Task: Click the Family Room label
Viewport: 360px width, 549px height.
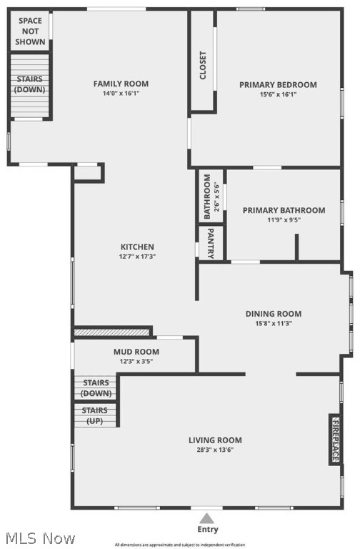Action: pyautogui.click(x=121, y=84)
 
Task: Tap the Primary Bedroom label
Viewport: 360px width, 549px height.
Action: pyautogui.click(x=278, y=84)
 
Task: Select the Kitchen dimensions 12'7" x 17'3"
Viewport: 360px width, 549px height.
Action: pyautogui.click(x=137, y=257)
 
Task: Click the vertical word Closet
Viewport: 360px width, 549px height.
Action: pyautogui.click(x=203, y=65)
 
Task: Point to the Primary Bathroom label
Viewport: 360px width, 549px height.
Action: pyautogui.click(x=284, y=210)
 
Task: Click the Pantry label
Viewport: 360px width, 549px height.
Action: pyautogui.click(x=211, y=242)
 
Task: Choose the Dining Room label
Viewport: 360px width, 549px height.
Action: pyautogui.click(x=274, y=313)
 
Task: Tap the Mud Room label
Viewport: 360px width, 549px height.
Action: pyautogui.click(x=136, y=352)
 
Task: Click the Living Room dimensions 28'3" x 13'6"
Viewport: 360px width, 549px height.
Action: pyautogui.click(x=215, y=450)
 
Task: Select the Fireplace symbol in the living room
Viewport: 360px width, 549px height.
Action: pyautogui.click(x=334, y=439)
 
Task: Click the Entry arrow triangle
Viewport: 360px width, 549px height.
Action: pyautogui.click(x=206, y=518)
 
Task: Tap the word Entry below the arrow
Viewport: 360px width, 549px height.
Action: pyautogui.click(x=207, y=530)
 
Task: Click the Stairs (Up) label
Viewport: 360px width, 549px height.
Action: pyautogui.click(x=95, y=416)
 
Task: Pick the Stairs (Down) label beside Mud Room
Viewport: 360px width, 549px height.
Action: pyautogui.click(x=96, y=388)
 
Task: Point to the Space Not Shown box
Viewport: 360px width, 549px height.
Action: pyautogui.click(x=30, y=31)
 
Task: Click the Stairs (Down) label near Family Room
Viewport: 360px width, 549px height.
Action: pyautogui.click(x=30, y=84)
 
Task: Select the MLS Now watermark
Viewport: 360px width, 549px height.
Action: pyautogui.click(x=39, y=538)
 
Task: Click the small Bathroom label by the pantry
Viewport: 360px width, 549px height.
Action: pyautogui.click(x=207, y=197)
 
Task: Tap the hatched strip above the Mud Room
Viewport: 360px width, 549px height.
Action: pyautogui.click(x=112, y=332)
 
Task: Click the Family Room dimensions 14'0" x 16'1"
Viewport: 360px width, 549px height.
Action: pyautogui.click(x=121, y=94)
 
